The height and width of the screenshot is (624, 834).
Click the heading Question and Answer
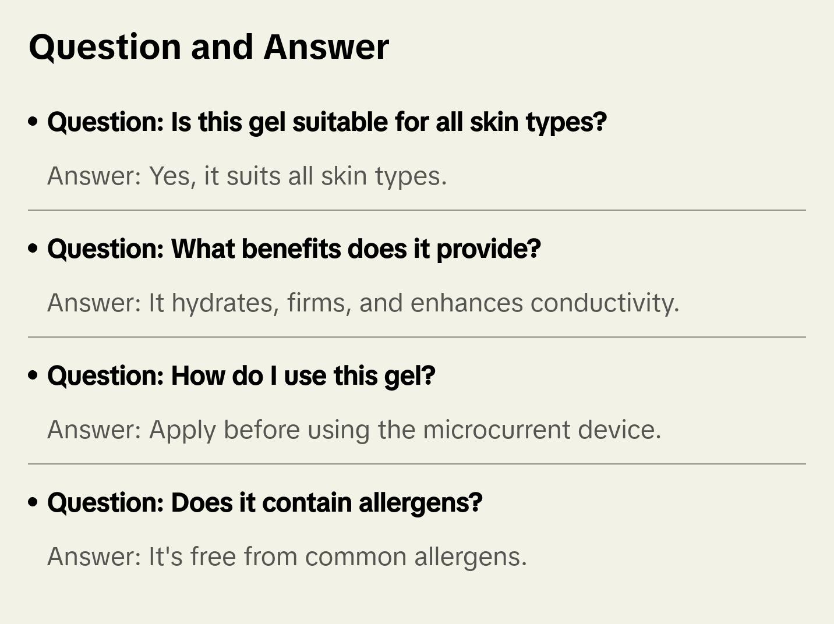click(208, 47)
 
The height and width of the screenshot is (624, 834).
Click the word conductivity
click(605, 303)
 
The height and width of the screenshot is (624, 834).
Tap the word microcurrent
click(496, 430)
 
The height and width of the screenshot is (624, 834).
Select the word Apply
click(182, 430)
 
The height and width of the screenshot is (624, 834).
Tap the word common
click(355, 557)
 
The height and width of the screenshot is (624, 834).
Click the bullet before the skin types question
click(33, 122)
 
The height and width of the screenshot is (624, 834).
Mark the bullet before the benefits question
click(33, 249)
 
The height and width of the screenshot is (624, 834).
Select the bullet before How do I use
click(33, 375)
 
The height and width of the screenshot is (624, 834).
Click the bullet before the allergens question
click(33, 502)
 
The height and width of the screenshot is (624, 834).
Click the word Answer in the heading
click(326, 47)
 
